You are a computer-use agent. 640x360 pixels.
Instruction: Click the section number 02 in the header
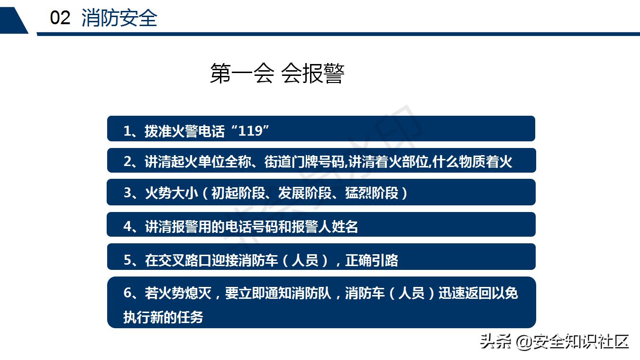tap(60, 18)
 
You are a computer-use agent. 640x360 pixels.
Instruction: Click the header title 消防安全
tap(119, 18)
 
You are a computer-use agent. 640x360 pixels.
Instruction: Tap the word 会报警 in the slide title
tap(312, 74)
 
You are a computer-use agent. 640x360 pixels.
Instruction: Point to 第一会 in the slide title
tap(242, 74)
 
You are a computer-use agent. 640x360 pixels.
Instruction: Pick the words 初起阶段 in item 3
tap(231, 193)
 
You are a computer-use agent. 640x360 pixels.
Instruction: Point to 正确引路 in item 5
tap(372, 260)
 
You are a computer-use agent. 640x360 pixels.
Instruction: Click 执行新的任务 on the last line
tap(163, 317)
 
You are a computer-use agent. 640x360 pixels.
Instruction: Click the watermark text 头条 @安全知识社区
tap(554, 341)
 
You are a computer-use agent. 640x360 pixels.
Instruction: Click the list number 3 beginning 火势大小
tap(127, 193)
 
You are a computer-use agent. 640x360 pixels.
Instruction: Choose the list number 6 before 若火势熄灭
tap(127, 293)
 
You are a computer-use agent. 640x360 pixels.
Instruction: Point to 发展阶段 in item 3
tap(298, 193)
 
